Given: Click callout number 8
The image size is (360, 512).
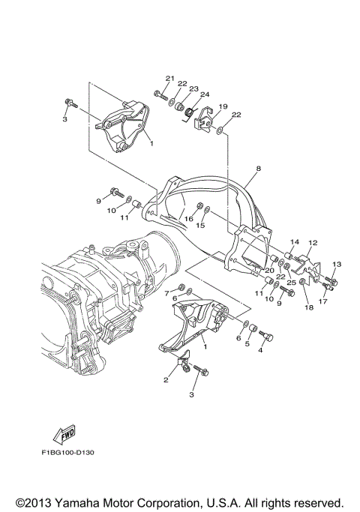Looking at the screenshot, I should tap(257, 170).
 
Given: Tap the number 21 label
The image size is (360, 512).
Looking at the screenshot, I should tap(169, 79).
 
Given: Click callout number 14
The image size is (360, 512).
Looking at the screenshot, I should tap(295, 241).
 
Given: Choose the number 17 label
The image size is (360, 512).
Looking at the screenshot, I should tap(323, 303).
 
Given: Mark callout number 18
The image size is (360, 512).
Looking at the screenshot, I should tap(308, 307).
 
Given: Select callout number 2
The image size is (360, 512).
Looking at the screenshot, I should tap(166, 381).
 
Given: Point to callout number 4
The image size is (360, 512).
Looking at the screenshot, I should tap(261, 349).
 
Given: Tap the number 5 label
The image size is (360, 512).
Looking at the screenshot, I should tap(246, 344).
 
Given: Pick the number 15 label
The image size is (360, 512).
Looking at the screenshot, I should tap(201, 225).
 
